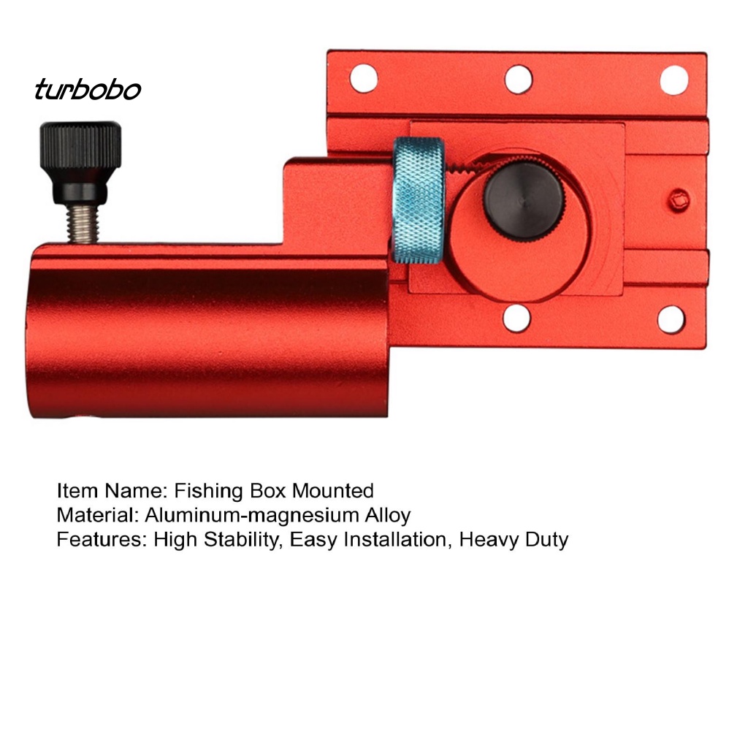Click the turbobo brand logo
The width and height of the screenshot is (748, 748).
coord(88,90)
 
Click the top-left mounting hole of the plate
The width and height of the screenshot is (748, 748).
coord(363,79)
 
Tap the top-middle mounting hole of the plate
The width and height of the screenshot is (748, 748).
coord(518,79)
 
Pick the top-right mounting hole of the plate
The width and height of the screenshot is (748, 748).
coord(673,80)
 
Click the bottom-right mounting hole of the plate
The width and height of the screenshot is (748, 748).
coord(671,319)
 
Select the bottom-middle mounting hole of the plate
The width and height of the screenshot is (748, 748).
coord(516,318)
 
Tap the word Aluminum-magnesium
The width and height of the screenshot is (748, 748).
coord(252,516)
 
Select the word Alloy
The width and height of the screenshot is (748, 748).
coord(388,515)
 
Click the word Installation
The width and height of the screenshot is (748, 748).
coord(392,540)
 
